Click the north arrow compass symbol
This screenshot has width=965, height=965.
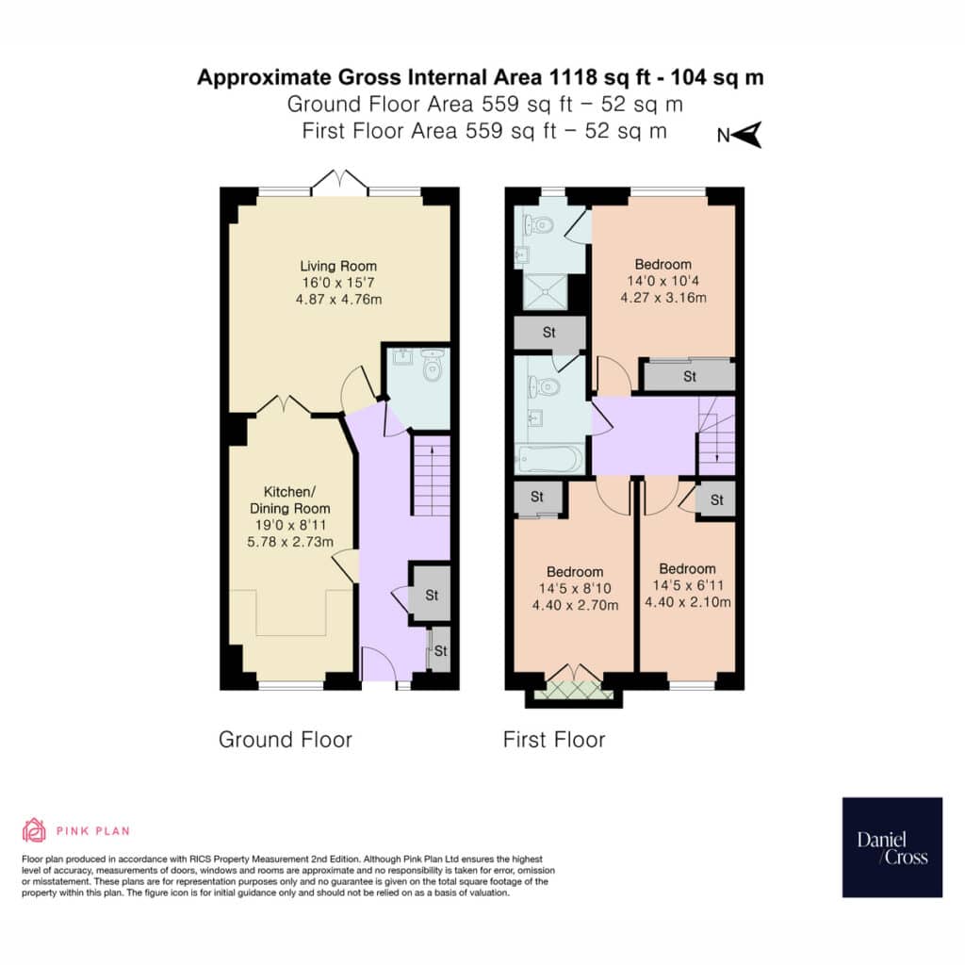(x=741, y=135)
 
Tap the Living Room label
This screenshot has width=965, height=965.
(x=338, y=266)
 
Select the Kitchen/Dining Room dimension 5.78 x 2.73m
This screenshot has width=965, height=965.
(x=290, y=542)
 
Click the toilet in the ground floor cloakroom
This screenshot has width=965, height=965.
(x=433, y=367)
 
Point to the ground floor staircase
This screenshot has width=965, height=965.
(x=431, y=475)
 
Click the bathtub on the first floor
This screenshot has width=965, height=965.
(x=550, y=459)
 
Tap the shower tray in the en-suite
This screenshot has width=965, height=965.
(x=545, y=292)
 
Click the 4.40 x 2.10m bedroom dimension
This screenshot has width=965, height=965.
(x=687, y=602)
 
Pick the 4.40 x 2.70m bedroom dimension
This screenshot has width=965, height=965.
(x=575, y=605)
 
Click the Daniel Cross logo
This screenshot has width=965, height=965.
(x=891, y=847)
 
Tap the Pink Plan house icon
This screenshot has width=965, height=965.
(x=34, y=830)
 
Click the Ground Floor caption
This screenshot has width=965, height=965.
(x=285, y=739)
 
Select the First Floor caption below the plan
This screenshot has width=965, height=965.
(x=554, y=739)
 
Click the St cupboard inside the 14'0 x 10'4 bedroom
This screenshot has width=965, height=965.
(x=689, y=376)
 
